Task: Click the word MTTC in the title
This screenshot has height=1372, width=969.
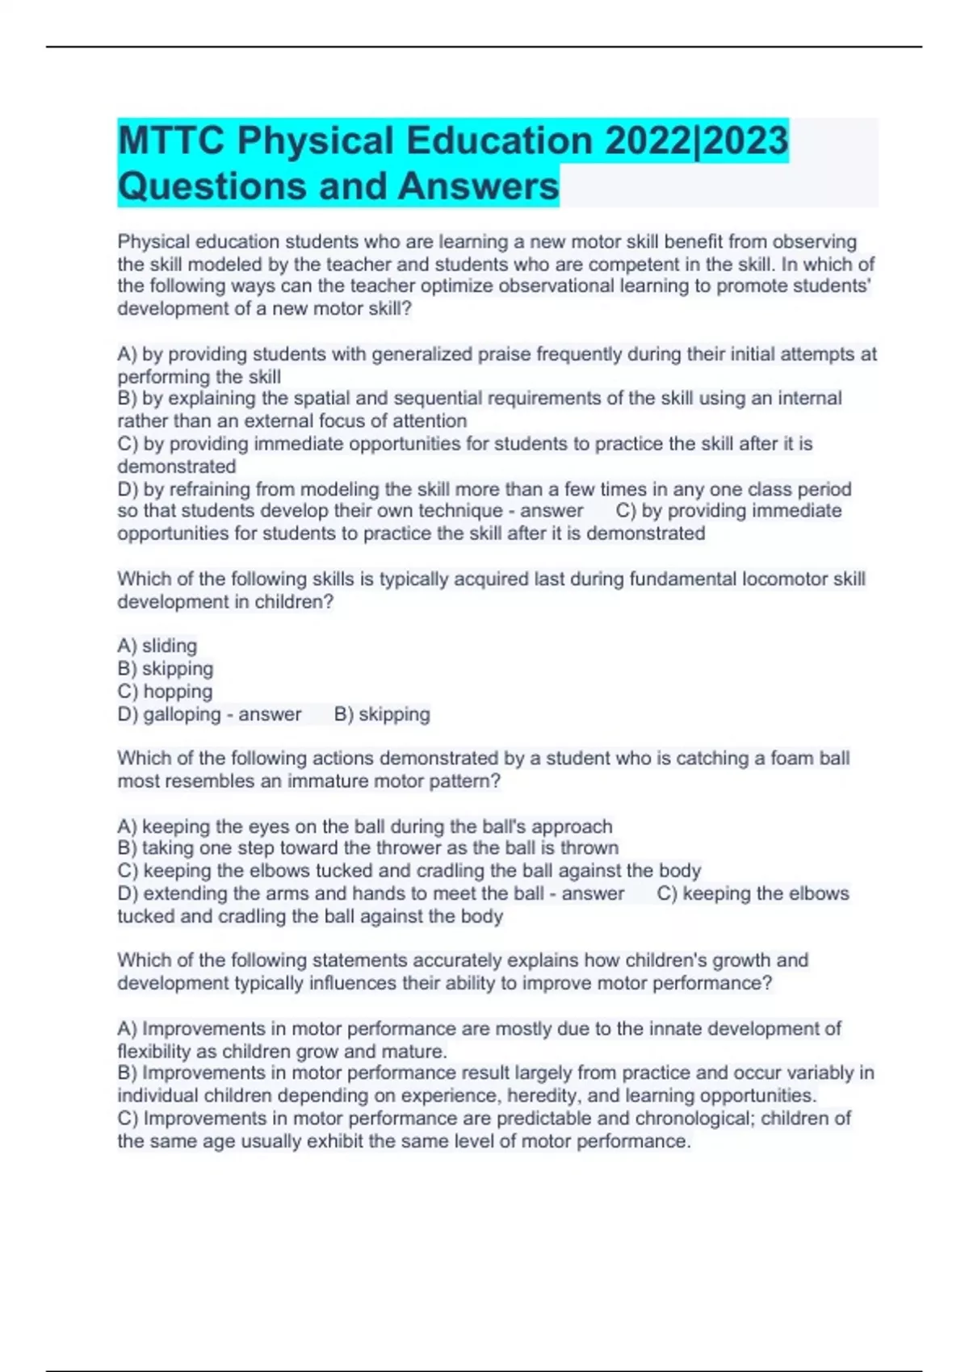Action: pos(170,140)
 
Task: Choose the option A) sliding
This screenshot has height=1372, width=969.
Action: pos(157,646)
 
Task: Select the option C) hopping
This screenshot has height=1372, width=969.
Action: pos(166,692)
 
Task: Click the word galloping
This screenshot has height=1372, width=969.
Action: pos(182,714)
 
